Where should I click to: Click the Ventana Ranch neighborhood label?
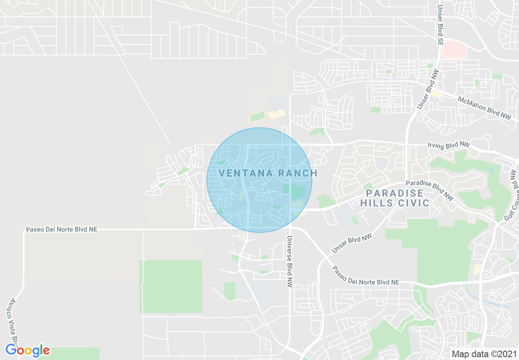(268, 173)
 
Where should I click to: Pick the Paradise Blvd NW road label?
(429, 190)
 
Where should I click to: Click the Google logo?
(27, 350)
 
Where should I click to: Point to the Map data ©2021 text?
(484, 354)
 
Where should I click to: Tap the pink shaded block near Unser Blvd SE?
(455, 49)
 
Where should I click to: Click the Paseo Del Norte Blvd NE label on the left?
(61, 229)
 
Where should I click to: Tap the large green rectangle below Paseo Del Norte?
(171, 286)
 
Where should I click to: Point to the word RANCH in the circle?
(298, 173)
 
